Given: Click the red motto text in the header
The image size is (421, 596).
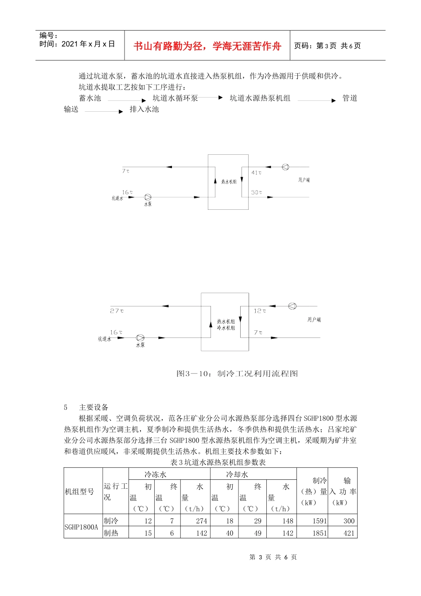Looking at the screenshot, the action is point(207,46).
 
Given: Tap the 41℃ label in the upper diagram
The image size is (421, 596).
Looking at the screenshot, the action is point(257,173).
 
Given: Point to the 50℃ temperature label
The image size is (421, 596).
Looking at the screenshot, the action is point(257,192).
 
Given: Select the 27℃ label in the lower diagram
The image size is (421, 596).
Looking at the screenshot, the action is point(117,311).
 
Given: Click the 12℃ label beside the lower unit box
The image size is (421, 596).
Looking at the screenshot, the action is point(260,311).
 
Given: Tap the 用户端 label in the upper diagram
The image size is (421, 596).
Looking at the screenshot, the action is point(304,180).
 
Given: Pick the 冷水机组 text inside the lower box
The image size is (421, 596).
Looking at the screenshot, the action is point(226,328).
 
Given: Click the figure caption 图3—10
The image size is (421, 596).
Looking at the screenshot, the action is point(237,373).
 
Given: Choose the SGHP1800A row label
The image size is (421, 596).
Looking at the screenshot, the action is point(81,527).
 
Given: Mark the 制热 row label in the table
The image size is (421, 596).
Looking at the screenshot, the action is point(111,533).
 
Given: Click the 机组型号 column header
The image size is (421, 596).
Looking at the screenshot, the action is point(80,491).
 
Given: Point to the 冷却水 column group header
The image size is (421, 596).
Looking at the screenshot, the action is point(238,474).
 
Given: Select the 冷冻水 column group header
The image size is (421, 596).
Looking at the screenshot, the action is point(156,474).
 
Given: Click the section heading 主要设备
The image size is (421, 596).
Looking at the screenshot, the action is point(94,407).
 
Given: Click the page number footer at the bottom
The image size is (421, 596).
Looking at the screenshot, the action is point(273,557).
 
